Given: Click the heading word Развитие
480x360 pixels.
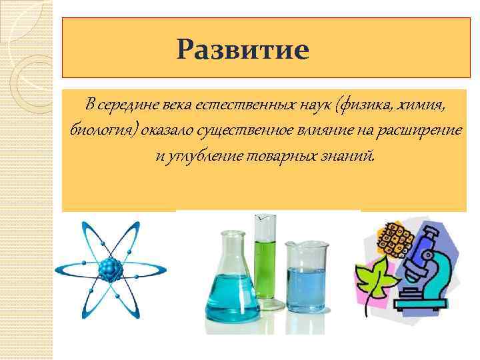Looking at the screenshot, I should (243, 49).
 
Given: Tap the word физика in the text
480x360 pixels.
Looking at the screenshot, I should (370, 105).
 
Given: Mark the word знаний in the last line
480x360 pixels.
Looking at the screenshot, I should (351, 156).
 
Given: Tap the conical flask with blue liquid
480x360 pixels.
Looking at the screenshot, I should (229, 280).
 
